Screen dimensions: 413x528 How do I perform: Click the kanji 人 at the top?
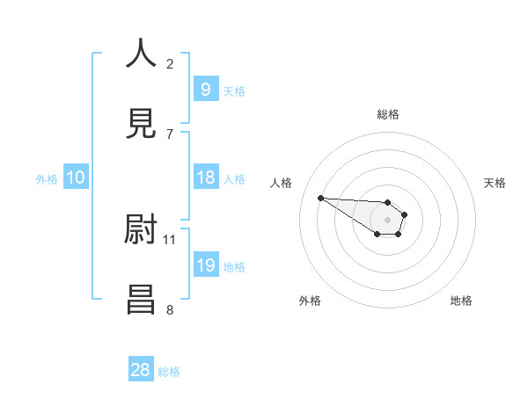pos(141,54)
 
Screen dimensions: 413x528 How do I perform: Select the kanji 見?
pos(141,123)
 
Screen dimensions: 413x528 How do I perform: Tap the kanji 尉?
pos(141,230)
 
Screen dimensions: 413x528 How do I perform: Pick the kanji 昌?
pos(141,299)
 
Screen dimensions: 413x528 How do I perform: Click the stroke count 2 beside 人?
pos(170,63)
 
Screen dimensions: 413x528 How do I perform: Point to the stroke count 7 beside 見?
pos(170,134)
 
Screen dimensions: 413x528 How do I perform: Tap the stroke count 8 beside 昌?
pos(170,309)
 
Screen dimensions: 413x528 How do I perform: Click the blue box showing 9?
pos(205,90)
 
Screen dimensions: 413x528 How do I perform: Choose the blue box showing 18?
pos(205,178)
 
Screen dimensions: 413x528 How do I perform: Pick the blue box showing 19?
pos(205,265)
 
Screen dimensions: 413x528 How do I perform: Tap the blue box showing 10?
pos(76,178)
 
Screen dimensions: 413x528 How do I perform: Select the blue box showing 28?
pos(141,370)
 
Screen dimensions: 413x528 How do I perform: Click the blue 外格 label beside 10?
pos(47,178)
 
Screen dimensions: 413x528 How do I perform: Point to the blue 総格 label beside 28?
pos(169,372)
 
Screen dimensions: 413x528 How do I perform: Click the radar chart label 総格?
pos(388,114)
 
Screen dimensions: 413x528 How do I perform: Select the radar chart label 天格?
pos(495,183)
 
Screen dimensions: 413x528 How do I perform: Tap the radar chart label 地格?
pos(461,301)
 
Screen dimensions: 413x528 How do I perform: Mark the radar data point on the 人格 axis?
pos(320,198)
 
